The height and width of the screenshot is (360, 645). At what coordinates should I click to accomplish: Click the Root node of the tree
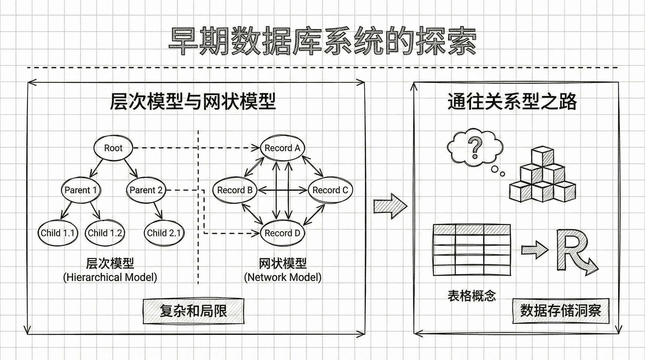click(x=113, y=148)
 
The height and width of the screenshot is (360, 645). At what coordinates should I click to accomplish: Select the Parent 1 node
click(x=81, y=190)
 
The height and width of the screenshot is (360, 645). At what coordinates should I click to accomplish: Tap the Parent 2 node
click(x=146, y=190)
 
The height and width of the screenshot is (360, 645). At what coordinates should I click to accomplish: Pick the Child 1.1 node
click(x=57, y=233)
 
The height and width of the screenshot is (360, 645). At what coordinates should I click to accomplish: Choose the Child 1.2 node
click(x=105, y=233)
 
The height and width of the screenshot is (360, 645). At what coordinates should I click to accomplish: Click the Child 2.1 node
click(x=164, y=233)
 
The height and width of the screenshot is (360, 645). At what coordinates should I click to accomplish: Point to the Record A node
click(x=282, y=148)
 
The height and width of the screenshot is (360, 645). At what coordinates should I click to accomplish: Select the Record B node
click(x=235, y=190)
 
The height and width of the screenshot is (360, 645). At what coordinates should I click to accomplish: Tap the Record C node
click(x=330, y=190)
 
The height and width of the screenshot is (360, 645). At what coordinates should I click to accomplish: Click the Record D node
click(x=282, y=233)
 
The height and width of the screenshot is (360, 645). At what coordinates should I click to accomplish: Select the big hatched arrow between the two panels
click(x=390, y=206)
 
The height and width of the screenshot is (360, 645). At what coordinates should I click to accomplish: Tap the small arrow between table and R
click(x=535, y=250)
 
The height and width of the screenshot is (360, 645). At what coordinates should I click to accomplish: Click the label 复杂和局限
click(x=193, y=311)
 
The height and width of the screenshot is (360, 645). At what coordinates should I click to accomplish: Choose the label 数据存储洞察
click(x=561, y=311)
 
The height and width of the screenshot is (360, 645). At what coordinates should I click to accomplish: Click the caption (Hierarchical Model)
click(x=110, y=277)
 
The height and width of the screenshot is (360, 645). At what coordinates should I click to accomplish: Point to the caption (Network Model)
click(x=283, y=277)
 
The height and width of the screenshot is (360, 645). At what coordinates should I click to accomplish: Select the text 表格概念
click(x=472, y=296)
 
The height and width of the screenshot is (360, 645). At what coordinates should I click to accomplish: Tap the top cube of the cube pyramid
click(x=542, y=156)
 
